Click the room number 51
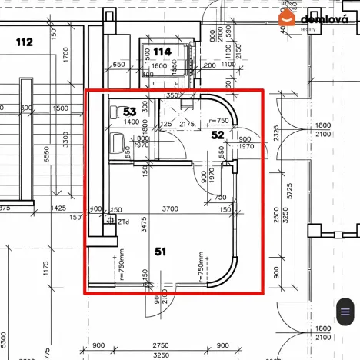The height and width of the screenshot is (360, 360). pos(160,250)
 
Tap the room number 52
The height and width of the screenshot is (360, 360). pos(218,135)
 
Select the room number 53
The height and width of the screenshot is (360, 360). pos(130,112)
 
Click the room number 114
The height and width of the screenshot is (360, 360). pos(162,52)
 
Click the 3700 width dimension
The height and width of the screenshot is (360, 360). pos(171,208)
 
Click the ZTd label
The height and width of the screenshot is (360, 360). pos(123,222)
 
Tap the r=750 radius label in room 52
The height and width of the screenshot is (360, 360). pos(219,121)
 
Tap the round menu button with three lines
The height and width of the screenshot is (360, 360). pos(342,312)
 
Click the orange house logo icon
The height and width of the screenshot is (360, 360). pos(286,19)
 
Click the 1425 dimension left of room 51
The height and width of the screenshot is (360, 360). pos(57,208)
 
